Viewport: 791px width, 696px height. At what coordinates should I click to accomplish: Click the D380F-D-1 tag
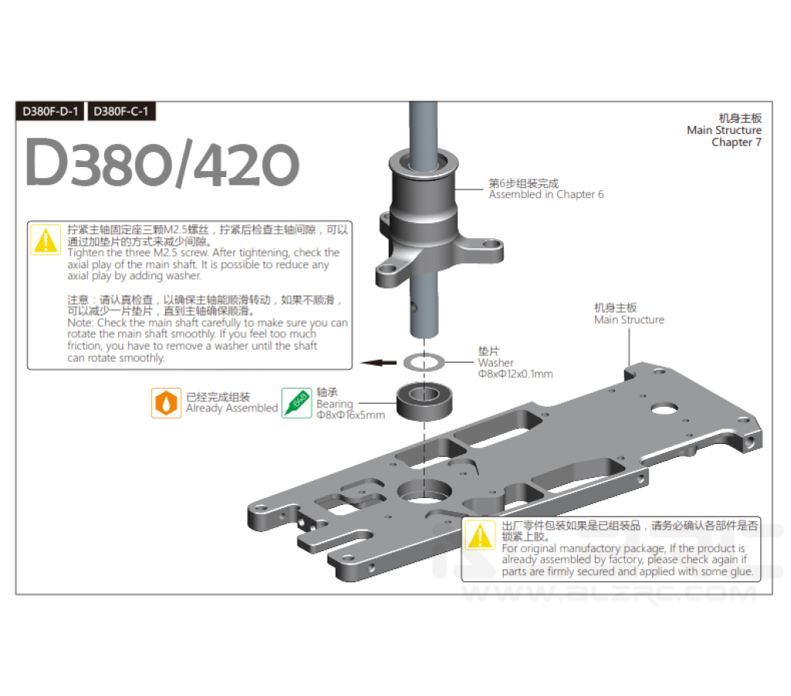pos(50,111)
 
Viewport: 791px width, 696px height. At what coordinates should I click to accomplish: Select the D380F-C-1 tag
pos(121,111)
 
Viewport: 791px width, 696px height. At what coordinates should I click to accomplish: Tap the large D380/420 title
pos(162,162)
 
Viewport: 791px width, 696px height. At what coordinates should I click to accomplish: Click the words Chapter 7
pos(736,142)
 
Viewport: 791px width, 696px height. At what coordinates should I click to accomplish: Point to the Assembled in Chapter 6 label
pos(546,194)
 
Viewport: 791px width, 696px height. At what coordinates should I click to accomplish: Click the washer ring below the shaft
pos(424,362)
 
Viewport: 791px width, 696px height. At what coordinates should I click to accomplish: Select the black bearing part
pos(424,401)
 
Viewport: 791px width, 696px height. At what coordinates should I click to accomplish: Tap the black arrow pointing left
pos(379,362)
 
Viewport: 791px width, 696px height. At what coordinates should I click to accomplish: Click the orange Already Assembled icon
pos(166,403)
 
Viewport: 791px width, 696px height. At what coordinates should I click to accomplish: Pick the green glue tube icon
pos(297,403)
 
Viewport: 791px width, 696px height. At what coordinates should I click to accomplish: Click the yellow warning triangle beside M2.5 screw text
pos(46,240)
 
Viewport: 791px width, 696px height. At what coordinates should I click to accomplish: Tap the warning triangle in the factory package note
pos(480,535)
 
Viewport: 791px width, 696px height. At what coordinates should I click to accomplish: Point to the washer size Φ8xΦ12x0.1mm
pos(515,374)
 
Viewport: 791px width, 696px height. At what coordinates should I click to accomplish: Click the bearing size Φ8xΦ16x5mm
pos(351,415)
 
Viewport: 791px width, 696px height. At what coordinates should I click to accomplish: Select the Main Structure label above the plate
pos(629,319)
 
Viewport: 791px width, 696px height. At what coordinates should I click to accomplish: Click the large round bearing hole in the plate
pos(424,491)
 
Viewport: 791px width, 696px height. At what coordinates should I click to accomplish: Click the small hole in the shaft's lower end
pos(414,306)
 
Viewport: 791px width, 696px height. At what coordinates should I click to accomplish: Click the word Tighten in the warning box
pos(86,253)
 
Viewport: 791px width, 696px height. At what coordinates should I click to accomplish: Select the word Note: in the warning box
pos(80,322)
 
